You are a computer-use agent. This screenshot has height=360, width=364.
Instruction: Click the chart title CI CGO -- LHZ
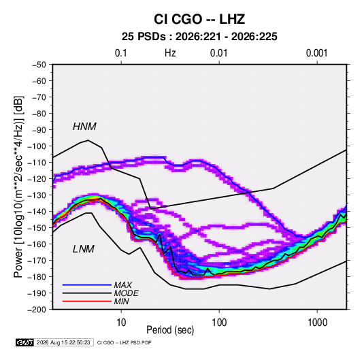[x=199, y=19]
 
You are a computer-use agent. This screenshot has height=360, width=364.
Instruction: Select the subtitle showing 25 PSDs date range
[x=199, y=37]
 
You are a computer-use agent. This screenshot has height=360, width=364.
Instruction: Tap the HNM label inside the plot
[x=84, y=127]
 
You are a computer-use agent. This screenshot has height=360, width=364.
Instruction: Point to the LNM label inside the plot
[x=84, y=249]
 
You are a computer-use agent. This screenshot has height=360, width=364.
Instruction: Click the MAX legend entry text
[x=122, y=285]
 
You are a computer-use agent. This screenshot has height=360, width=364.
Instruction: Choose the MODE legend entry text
[x=126, y=293]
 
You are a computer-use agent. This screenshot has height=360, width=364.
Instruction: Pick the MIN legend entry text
[x=121, y=301]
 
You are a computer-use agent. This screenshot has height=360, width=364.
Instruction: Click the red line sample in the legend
[x=87, y=301]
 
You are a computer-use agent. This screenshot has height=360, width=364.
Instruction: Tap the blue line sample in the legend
[x=87, y=285]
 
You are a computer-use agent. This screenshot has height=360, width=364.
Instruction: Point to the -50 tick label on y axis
[x=39, y=65]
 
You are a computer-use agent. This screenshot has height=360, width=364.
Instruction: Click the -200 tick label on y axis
[x=37, y=310]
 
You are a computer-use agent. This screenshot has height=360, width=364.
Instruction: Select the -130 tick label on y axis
[x=37, y=195]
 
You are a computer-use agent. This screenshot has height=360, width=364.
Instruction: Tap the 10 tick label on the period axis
[x=121, y=323]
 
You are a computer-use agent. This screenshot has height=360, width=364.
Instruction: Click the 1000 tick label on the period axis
[x=317, y=323]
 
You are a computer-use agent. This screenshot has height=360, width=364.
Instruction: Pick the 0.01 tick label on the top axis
[x=218, y=53]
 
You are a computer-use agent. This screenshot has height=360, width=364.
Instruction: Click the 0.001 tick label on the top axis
[x=316, y=53]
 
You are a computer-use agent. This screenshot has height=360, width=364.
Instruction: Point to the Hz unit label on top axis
[x=170, y=53]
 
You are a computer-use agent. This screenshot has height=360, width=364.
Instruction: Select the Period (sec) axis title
[x=170, y=330]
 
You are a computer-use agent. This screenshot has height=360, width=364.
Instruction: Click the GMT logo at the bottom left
[x=24, y=342]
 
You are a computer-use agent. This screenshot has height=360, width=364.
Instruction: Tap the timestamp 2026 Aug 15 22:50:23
[x=63, y=342]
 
